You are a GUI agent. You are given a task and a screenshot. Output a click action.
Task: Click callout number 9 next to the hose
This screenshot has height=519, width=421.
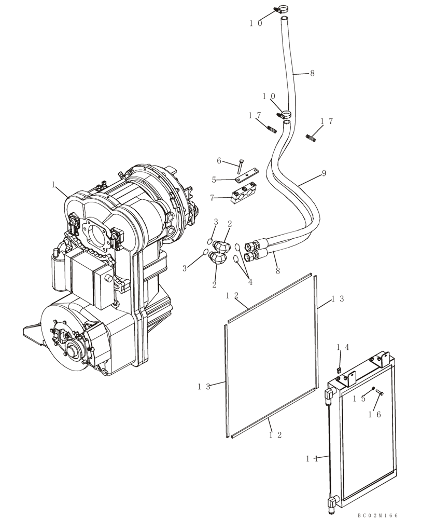pyautogui.click(x=324, y=173)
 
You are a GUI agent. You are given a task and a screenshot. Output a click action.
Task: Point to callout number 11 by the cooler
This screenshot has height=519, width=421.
pyautogui.click(x=311, y=458)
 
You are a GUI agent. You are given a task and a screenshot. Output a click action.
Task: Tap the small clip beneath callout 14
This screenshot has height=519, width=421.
pyautogui.click(x=338, y=370)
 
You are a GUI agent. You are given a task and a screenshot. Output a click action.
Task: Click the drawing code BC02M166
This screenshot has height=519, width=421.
pyautogui.click(x=377, y=515)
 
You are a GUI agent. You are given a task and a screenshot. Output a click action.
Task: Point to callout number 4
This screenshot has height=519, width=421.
pyautogui.click(x=250, y=282)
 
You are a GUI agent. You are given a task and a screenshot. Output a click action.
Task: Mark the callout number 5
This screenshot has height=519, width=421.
pyautogui.click(x=214, y=180)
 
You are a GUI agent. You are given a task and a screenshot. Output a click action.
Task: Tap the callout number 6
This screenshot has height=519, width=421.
pyautogui.click(x=219, y=161)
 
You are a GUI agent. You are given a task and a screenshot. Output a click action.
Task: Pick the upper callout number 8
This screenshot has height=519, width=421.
pyautogui.click(x=312, y=74)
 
